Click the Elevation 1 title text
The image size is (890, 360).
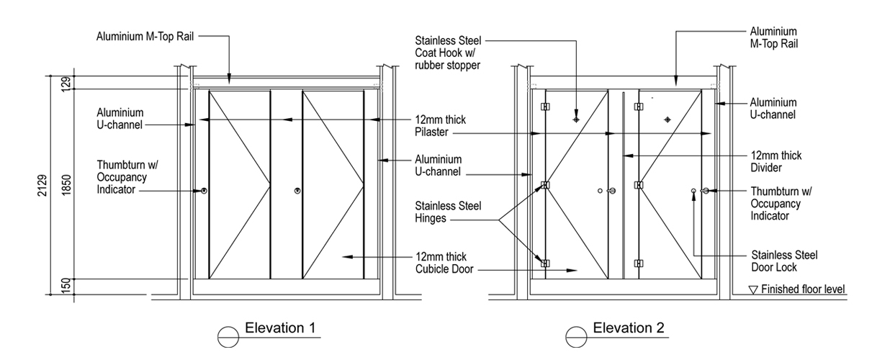pyautogui.click(x=280, y=328)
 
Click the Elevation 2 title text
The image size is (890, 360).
pyautogui.click(x=628, y=328)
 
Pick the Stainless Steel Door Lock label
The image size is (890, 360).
pyautogui.click(x=784, y=261)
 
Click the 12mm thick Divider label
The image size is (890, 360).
pyautogui.click(x=776, y=161)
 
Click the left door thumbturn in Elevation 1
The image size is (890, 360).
pyautogui.click(x=204, y=191)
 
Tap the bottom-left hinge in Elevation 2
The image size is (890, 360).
pyautogui.click(x=545, y=264)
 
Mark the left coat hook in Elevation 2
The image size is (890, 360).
pyautogui.click(x=576, y=119)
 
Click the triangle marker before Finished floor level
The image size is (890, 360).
pyautogui.click(x=754, y=290)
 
